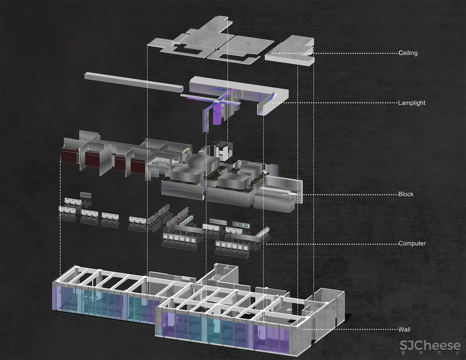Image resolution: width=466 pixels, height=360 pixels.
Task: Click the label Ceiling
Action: point(408,53)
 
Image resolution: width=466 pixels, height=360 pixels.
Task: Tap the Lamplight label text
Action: point(411,103)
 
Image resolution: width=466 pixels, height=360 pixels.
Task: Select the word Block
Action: point(406,194)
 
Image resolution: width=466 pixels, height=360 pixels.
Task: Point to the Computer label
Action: point(412,243)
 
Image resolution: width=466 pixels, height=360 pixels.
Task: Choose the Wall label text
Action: point(404,329)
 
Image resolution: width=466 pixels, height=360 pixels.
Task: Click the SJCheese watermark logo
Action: point(430,345)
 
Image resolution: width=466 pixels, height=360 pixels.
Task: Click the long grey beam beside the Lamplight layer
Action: point(134,81)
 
